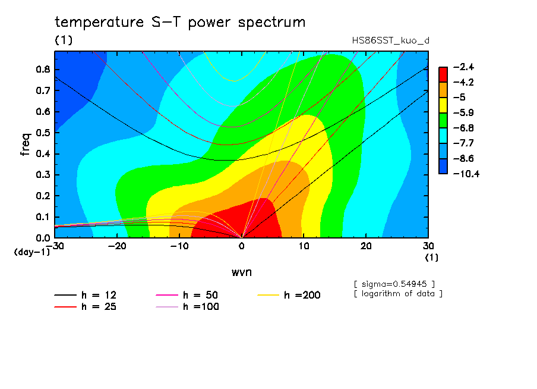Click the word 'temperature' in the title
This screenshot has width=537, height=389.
point(99,22)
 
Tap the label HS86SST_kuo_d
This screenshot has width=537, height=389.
point(390,40)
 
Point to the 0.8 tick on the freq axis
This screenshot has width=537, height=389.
point(43,69)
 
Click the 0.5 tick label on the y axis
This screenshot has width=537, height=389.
point(43,133)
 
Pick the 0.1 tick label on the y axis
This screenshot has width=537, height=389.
point(43,217)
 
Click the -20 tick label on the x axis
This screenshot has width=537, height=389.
point(117,246)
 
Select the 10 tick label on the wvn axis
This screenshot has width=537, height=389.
point(304,246)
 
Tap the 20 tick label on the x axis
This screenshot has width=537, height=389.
point(366,246)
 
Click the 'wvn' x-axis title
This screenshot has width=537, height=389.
point(242,272)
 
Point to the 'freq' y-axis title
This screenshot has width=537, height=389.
point(26,145)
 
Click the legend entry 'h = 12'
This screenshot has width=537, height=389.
point(86,295)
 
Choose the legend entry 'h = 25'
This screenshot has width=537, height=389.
point(86,307)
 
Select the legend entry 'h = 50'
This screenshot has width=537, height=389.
point(187,295)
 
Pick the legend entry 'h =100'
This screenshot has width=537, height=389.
point(187,307)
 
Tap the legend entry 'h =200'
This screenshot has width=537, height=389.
point(289,295)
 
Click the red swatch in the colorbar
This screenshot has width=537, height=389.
point(443,74)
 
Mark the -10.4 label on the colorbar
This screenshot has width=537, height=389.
point(466,174)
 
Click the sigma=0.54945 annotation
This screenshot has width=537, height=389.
point(394,284)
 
